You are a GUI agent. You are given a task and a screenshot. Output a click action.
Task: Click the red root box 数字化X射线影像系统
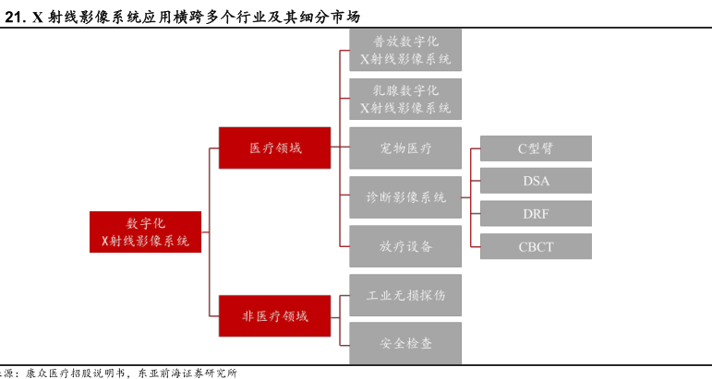tap(145, 231)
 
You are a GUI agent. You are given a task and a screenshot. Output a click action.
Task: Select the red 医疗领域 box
tap(274, 148)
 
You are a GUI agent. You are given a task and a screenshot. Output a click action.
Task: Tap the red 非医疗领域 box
tap(274, 315)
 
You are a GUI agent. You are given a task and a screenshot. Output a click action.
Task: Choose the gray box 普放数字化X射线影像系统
tap(405, 50)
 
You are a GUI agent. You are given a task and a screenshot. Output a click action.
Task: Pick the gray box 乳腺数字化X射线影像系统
tap(405, 99)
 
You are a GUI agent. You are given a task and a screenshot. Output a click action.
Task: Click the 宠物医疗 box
tap(405, 148)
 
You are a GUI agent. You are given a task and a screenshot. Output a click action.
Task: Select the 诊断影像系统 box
tap(405, 196)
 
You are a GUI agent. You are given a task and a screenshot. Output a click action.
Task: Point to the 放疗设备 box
tap(405, 245)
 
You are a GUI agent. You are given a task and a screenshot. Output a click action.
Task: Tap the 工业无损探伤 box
tap(405, 294)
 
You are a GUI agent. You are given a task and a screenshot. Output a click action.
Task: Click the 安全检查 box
tap(405, 343)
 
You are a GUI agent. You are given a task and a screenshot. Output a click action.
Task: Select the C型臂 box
tap(536, 148)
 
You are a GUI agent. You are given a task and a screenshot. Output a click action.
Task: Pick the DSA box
tap(536, 181)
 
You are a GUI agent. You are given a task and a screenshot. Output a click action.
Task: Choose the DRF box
tap(536, 213)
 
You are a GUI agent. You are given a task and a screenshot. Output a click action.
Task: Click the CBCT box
tap(536, 245)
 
